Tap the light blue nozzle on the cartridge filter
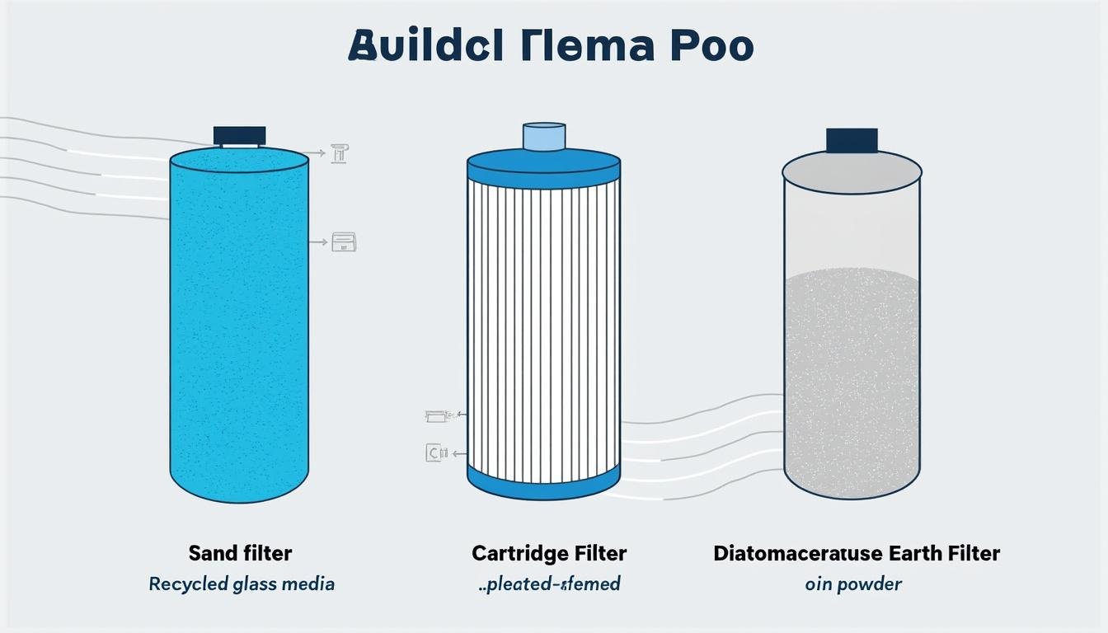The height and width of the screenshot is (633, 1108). point(544,136)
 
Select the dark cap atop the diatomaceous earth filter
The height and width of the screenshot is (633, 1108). point(852,140)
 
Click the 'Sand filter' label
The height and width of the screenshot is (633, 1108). point(240,552)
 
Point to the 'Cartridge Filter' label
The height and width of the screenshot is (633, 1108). point(549,552)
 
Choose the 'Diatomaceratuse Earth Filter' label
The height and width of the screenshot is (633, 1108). point(857,552)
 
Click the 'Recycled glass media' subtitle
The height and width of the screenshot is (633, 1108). point(242,584)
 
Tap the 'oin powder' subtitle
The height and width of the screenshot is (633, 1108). point(853,584)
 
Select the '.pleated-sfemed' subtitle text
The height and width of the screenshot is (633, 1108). point(549,584)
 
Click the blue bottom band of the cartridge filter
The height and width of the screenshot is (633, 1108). point(544,482)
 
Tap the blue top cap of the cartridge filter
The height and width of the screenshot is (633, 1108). point(544,165)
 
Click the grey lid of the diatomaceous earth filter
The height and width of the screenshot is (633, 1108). point(852,171)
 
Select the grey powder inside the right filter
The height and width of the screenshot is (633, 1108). point(852,379)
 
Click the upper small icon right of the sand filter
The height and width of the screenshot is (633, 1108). point(340,152)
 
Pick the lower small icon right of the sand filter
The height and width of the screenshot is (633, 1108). point(344,242)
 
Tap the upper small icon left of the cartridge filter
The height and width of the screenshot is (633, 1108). point(435,416)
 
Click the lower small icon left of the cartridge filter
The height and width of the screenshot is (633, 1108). point(435,452)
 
